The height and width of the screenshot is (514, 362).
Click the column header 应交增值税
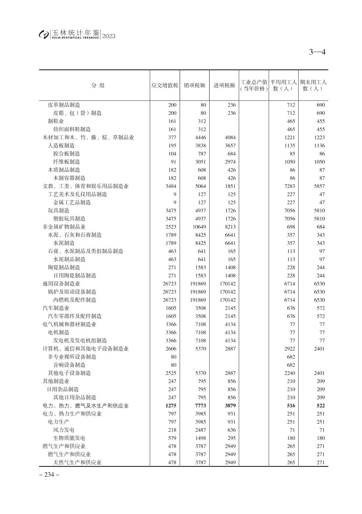click(x=165, y=85)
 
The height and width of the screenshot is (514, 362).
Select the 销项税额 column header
click(x=195, y=85)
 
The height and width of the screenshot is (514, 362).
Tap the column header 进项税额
click(x=224, y=85)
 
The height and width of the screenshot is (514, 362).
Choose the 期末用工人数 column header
click(x=313, y=85)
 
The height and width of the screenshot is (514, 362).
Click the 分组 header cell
click(x=98, y=85)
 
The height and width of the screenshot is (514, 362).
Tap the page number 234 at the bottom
click(x=49, y=475)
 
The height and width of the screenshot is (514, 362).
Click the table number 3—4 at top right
click(x=317, y=52)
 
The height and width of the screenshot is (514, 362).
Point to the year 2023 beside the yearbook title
click(x=109, y=36)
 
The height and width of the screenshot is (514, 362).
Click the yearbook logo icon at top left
click(x=44, y=34)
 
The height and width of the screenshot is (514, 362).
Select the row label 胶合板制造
click(x=66, y=154)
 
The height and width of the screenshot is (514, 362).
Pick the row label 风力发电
click(x=64, y=430)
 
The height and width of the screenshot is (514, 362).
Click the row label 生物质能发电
click(x=69, y=438)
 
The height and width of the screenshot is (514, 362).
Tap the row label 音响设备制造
click(x=69, y=365)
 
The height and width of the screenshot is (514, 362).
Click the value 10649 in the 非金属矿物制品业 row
click(x=199, y=227)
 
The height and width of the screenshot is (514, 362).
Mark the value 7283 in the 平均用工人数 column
click(x=290, y=186)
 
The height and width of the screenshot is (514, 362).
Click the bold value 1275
click(x=171, y=406)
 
